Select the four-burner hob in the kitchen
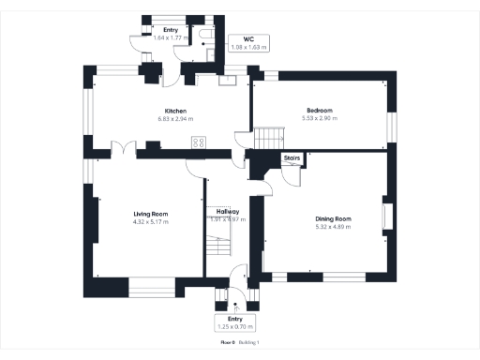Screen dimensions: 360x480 (199, 142)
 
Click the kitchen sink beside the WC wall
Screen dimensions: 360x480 (228, 81)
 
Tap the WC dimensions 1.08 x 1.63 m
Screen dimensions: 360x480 (248, 47)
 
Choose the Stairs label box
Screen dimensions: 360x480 (292, 159)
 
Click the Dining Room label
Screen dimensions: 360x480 (333, 219)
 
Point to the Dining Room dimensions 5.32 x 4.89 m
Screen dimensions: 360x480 (333, 227)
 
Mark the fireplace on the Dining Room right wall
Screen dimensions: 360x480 (385, 217)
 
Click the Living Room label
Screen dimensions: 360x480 (149, 215)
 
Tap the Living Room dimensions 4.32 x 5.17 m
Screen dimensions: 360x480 (149, 222)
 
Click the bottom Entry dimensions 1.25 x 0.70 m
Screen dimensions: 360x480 (234, 326)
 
